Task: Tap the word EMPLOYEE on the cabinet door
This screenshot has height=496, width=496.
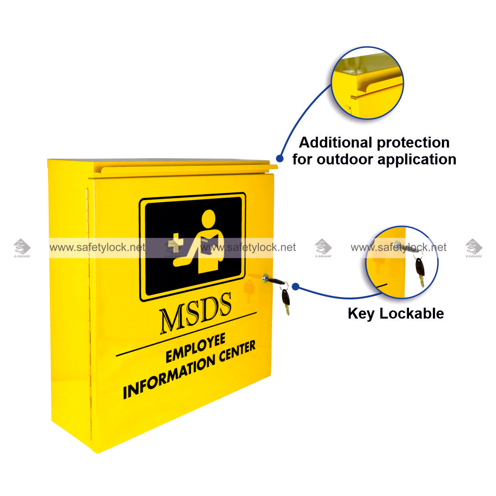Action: click(195, 349)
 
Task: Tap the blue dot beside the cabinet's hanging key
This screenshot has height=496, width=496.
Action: click(296, 286)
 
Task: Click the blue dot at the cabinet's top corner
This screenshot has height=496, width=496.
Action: click(280, 159)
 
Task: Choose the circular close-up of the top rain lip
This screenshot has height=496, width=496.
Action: click(367, 83)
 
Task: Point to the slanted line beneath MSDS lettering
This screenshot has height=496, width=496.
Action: click(186, 334)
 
